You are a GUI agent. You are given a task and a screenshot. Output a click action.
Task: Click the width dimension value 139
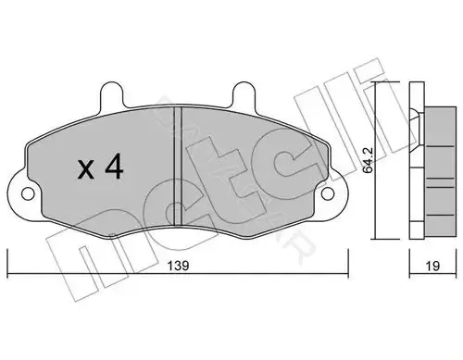(178, 266)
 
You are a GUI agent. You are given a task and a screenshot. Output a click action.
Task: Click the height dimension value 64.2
(368, 165)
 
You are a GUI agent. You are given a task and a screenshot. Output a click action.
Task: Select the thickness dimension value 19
(432, 266)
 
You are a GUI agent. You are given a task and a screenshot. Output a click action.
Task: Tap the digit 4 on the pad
(114, 167)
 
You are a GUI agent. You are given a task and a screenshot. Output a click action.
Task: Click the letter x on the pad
(86, 170)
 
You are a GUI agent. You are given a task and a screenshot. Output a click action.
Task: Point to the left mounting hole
(28, 193)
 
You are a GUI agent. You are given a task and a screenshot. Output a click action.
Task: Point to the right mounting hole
(328, 193)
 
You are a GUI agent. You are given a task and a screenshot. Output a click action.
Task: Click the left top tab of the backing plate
(111, 94)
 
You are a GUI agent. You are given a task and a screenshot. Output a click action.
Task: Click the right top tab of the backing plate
(243, 94)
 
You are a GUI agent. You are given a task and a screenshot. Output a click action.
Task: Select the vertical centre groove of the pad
(178, 166)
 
